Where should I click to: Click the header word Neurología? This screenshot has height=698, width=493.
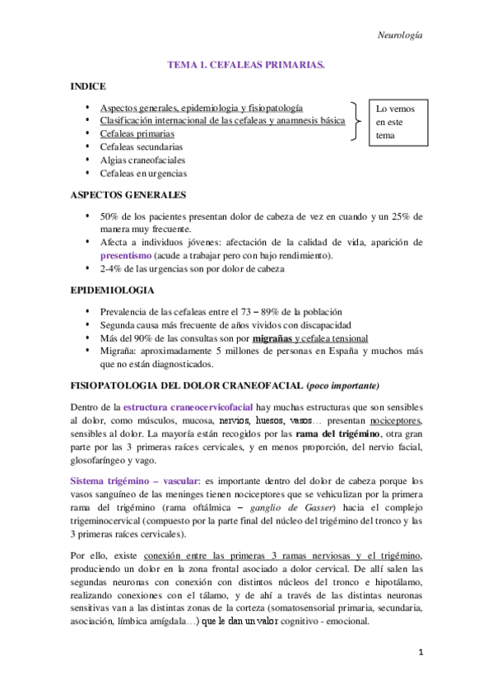point(399,35)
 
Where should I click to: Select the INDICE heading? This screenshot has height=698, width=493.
point(87,85)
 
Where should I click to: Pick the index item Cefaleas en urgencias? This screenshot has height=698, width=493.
point(143,174)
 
